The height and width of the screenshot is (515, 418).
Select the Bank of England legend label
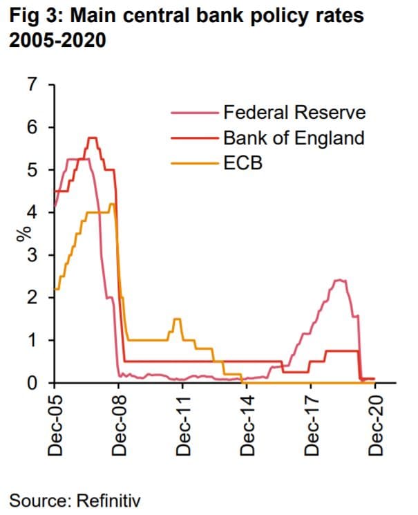294,138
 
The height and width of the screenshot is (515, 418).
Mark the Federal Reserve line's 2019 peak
339,280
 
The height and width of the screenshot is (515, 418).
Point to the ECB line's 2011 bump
177,319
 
